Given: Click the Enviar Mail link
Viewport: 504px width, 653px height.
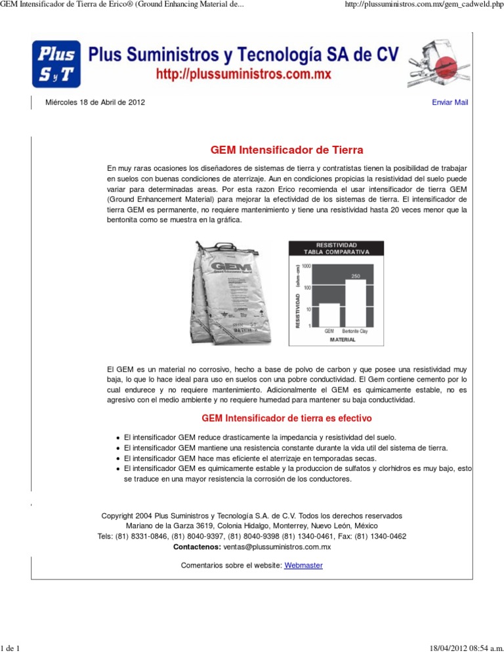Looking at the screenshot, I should (x=450, y=102).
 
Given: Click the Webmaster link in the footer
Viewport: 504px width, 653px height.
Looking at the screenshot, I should (x=303, y=566).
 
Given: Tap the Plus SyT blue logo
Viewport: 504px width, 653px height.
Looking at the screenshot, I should (x=57, y=65).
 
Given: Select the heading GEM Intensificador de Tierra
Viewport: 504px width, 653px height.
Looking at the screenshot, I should (x=286, y=150).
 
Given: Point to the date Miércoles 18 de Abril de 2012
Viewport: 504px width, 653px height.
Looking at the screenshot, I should (x=95, y=102).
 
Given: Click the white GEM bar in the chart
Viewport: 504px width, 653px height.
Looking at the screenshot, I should (x=329, y=314).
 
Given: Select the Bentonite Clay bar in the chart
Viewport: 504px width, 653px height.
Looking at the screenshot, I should (x=355, y=302).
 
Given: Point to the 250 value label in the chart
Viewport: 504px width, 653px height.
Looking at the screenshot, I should (x=356, y=275).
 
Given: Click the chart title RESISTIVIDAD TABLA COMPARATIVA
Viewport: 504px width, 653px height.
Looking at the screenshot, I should (x=337, y=248).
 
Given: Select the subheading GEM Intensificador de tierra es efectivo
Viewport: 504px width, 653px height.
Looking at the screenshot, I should (x=286, y=418).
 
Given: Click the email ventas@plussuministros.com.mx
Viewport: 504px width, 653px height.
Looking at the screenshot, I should (x=276, y=547).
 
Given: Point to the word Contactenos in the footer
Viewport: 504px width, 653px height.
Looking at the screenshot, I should (x=196, y=547).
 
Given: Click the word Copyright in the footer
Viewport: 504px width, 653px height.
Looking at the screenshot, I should (x=119, y=516).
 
